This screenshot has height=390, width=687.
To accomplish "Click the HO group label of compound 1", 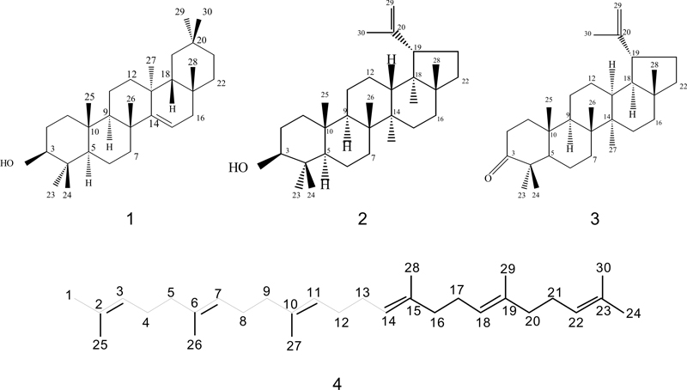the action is (7, 163).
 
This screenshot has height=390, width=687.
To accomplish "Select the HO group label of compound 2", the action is (239, 168).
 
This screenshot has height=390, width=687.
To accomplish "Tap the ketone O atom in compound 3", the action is (488, 178).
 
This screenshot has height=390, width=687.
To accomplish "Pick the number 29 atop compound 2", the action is (392, 3).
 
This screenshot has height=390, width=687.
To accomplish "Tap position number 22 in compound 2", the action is (465, 81).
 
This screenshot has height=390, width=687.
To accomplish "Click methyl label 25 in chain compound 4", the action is (100, 344).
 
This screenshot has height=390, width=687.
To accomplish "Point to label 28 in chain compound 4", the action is (411, 267).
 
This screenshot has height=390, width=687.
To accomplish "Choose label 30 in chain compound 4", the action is (603, 267).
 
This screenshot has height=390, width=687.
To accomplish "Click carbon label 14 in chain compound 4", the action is (389, 321).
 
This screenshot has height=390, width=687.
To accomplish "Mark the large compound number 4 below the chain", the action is (337, 384).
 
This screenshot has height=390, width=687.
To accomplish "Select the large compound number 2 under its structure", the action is (362, 218).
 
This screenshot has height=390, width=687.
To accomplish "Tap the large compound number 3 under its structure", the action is (594, 218).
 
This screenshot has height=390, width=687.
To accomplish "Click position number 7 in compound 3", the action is (594, 159).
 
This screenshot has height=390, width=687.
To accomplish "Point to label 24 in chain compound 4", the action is (634, 313).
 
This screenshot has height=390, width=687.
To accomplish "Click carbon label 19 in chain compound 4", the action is (509, 311).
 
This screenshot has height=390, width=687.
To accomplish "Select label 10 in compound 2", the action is (329, 131).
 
